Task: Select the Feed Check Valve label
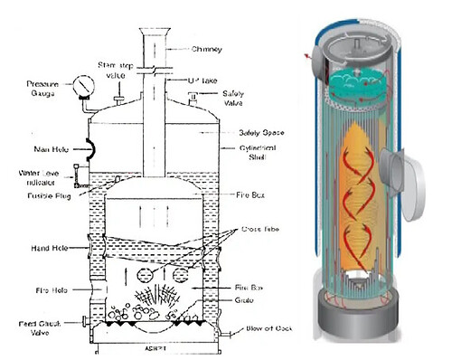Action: pos(28,327)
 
